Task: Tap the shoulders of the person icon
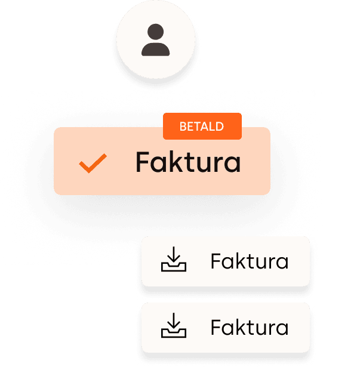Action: (155, 49)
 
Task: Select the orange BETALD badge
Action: (202, 127)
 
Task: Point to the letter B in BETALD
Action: (182, 127)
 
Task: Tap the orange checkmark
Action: (93, 163)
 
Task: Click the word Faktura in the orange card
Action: (188, 162)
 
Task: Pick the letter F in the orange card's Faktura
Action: (143, 162)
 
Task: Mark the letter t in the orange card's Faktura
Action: (189, 162)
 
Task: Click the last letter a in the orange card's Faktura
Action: (233, 164)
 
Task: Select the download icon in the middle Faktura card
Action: (174, 261)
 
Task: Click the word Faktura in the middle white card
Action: (250, 261)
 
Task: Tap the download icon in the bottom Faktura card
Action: (174, 327)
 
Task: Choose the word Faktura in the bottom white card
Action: (250, 327)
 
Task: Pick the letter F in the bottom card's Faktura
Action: (216, 327)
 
